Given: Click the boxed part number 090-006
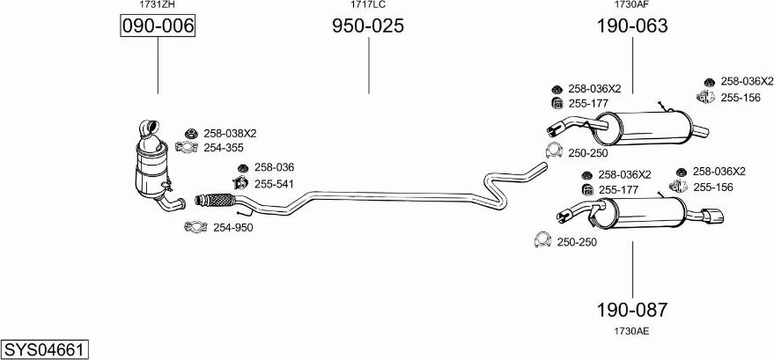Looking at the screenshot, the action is click(x=158, y=26).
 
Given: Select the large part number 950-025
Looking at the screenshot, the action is click(x=368, y=26).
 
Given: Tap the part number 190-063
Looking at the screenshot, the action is click(x=632, y=26).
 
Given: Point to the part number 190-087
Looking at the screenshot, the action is click(x=632, y=310).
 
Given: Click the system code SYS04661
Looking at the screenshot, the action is click(x=44, y=349).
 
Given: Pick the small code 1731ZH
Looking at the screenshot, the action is click(x=158, y=5).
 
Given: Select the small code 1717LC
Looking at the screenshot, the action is click(x=368, y=5).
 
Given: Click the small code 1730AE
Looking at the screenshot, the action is click(x=631, y=332).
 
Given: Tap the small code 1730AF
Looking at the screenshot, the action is click(x=631, y=5).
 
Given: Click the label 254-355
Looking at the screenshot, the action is click(x=223, y=148).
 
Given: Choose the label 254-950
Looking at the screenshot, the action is click(x=233, y=228).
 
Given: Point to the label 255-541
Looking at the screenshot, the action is click(x=274, y=184).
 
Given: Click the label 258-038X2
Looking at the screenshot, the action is click(x=230, y=133).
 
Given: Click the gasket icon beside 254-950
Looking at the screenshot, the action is click(x=195, y=226).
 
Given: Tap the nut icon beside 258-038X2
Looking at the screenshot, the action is click(x=192, y=133).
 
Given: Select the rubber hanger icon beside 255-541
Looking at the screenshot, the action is click(x=240, y=183).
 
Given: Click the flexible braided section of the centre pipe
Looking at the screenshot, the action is click(x=219, y=200).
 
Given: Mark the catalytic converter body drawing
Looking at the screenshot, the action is click(x=152, y=166).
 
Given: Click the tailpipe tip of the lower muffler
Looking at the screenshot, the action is click(x=714, y=216).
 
